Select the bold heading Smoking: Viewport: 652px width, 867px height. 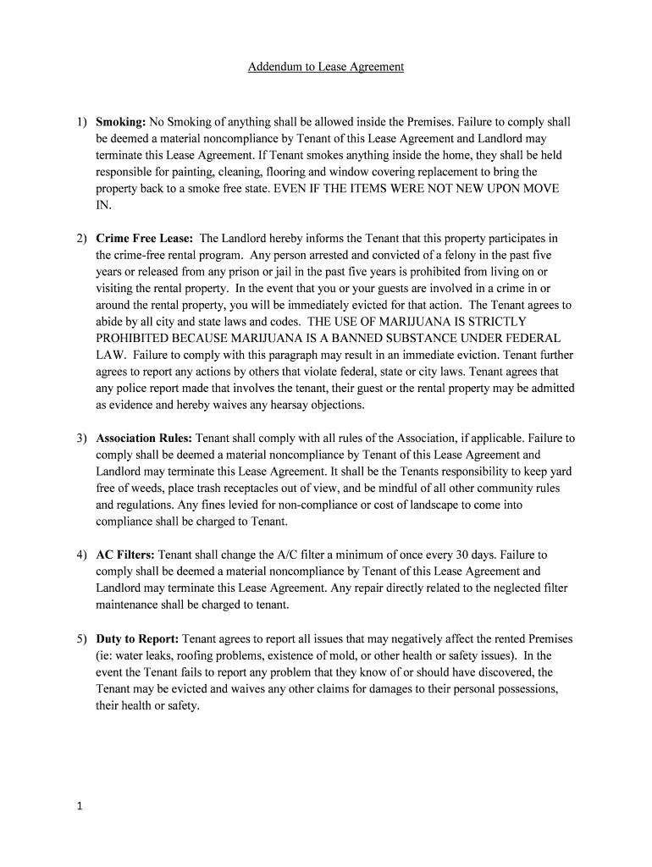[x=121, y=122]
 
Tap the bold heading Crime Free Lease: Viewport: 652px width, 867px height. [x=145, y=239]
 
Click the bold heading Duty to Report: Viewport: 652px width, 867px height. [x=137, y=638]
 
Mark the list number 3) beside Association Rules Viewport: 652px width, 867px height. [x=80, y=439]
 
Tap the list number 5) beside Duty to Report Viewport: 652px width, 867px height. [x=80, y=638]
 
